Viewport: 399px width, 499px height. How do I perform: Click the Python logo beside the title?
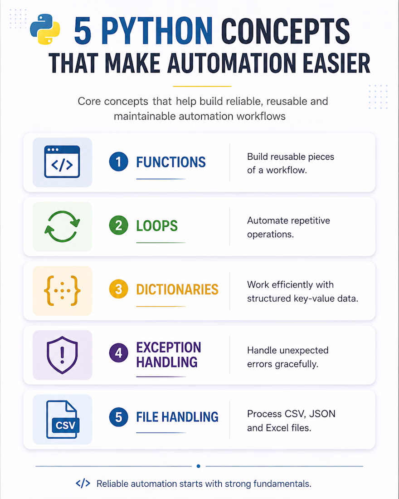pos(45,29)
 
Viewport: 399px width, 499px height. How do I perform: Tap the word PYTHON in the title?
pos(157,31)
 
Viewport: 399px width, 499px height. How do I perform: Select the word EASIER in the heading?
pos(336,63)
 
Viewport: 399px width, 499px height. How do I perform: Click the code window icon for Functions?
pos(62,161)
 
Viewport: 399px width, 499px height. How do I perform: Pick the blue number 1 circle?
pos(118,161)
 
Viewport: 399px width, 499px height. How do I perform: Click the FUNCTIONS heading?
pos(171,162)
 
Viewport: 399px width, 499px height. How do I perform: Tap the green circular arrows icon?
pos(62,226)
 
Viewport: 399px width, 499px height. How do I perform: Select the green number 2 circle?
pos(118,225)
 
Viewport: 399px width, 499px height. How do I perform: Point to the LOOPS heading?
pos(157,226)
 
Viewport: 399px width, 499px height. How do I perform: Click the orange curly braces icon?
pos(62,290)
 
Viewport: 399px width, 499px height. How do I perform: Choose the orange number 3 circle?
pos(118,289)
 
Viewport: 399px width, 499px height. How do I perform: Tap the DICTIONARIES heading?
pos(177,289)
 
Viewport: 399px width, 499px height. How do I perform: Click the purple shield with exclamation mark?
pos(62,355)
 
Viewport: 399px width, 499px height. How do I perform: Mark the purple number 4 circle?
pos(118,353)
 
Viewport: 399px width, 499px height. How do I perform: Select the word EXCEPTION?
pos(169,347)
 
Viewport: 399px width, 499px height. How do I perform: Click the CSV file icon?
pos(63,420)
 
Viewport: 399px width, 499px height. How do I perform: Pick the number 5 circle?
pos(118,417)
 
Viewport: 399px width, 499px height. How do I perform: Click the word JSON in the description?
pos(322,414)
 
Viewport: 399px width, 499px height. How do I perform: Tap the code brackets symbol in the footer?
pos(83,484)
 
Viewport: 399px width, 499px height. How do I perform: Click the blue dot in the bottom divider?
pos(199,466)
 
